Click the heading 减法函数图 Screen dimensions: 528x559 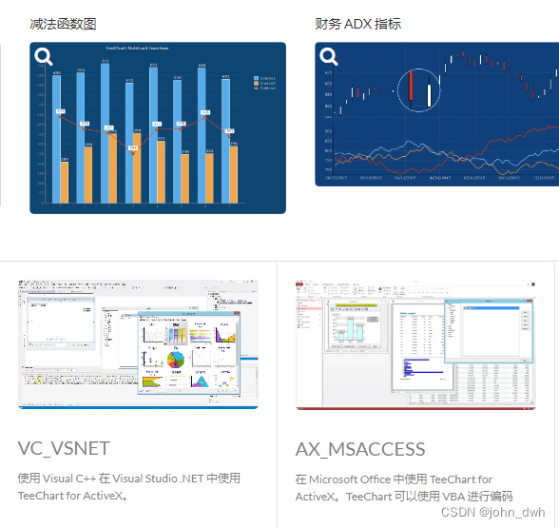[63, 24]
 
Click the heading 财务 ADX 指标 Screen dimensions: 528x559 [357, 24]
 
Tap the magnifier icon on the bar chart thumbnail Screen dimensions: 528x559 [44, 57]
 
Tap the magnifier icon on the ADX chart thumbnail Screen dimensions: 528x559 [329, 57]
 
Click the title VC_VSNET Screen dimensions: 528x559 [64, 448]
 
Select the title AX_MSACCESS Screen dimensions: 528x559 [360, 449]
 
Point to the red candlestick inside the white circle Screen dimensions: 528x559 [411, 89]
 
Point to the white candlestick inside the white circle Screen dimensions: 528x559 [430, 95]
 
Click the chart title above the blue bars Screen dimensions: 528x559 [138, 48]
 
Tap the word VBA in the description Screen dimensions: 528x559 [450, 497]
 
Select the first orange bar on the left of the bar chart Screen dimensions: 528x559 [65, 182]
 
